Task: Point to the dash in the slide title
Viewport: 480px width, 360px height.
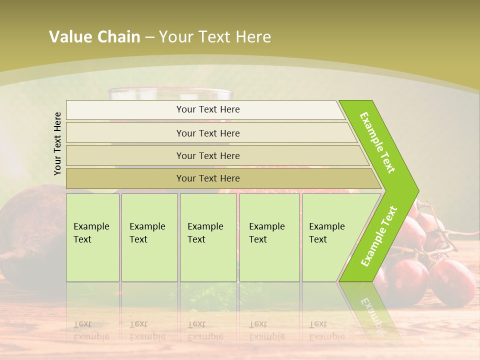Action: pyautogui.click(x=149, y=37)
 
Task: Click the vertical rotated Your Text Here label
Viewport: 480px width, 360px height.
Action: pyautogui.click(x=57, y=143)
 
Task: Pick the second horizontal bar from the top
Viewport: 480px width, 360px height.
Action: pyautogui.click(x=207, y=133)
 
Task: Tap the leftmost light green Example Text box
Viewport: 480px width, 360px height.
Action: pyautogui.click(x=92, y=237)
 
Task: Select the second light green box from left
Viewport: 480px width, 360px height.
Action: pyautogui.click(x=149, y=237)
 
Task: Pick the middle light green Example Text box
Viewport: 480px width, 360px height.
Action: pyautogui.click(x=208, y=237)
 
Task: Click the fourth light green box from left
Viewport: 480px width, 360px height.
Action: pyautogui.click(x=269, y=237)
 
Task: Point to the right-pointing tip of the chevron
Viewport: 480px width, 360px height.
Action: pyautogui.click(x=416, y=190)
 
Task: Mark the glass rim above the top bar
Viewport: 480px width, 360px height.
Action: pyautogui.click(x=170, y=92)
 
